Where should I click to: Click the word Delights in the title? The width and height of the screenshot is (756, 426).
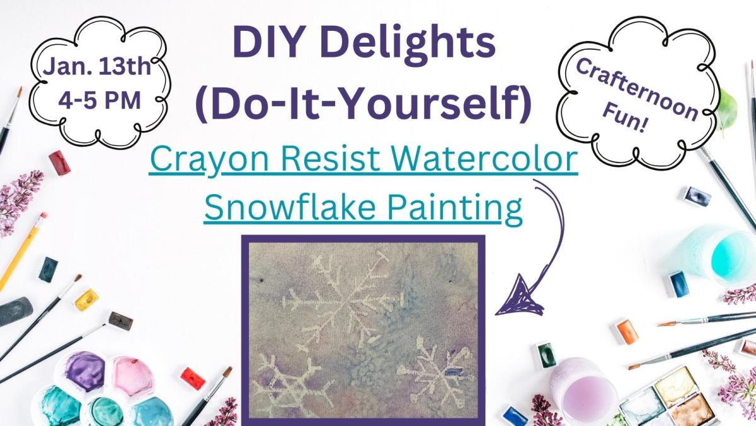pos(408,44)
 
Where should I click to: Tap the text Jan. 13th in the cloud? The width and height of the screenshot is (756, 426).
pos(97,67)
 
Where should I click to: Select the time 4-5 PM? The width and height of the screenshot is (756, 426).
pos(100,101)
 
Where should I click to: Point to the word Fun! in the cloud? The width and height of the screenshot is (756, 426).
pos(624,117)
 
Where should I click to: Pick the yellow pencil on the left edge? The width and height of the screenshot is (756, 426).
pos(23,251)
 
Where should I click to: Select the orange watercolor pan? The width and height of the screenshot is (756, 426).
pos(625,331)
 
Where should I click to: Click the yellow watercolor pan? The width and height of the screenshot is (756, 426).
pos(86,300)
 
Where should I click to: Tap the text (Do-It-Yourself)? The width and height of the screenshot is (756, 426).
pos(363,103)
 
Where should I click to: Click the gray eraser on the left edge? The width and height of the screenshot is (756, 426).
pos(16,311)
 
